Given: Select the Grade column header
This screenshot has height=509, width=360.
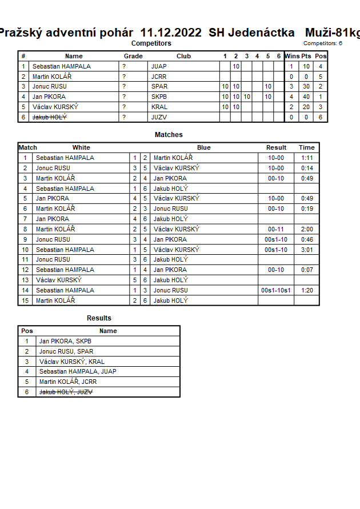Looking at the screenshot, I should pyautogui.click(x=133, y=56).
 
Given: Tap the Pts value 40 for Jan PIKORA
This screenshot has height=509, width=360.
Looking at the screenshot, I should pyautogui.click(x=306, y=97).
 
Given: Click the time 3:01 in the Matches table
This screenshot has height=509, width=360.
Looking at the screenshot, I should pyautogui.click(x=307, y=250).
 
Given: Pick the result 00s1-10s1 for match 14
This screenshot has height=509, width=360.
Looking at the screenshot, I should pyautogui.click(x=276, y=290).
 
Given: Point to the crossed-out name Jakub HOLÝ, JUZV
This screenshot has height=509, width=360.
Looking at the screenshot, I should pyautogui.click(x=66, y=392).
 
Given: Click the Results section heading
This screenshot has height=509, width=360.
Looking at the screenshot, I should pyautogui.click(x=99, y=318).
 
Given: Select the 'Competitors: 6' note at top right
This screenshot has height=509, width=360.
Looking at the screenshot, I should pyautogui.click(x=323, y=43).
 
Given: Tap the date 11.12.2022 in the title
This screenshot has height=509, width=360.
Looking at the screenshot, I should pyautogui.click(x=170, y=33).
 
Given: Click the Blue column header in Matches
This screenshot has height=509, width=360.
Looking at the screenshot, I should pyautogui.click(x=204, y=147).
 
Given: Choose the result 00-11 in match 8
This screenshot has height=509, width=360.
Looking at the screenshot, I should pyautogui.click(x=276, y=229).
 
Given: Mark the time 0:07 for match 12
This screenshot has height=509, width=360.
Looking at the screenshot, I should pyautogui.click(x=307, y=270).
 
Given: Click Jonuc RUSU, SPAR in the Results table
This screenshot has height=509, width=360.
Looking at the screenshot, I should pyautogui.click(x=66, y=351).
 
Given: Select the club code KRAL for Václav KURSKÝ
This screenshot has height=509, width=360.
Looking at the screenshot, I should pyautogui.click(x=159, y=107).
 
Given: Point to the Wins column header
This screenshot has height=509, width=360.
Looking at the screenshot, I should pyautogui.click(x=292, y=56).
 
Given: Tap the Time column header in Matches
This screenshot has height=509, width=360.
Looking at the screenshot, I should pyautogui.click(x=307, y=147).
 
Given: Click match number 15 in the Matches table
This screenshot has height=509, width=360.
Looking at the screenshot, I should pyautogui.click(x=25, y=300).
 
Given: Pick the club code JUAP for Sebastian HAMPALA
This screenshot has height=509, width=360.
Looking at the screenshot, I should pyautogui.click(x=159, y=66).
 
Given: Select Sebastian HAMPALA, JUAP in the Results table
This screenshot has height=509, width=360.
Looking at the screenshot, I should pyautogui.click(x=78, y=371).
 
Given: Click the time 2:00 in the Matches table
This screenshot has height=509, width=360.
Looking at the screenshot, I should pyautogui.click(x=307, y=229).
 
